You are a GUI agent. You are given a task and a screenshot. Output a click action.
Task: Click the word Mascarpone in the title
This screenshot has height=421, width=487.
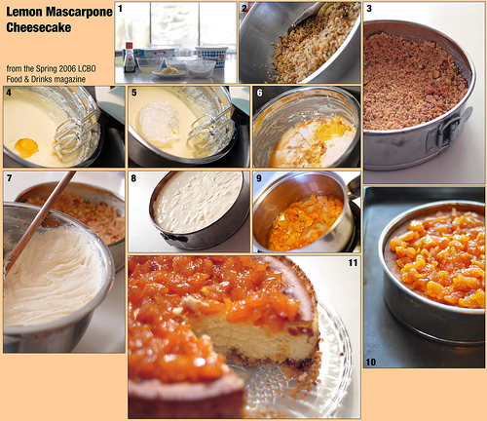point(79,12)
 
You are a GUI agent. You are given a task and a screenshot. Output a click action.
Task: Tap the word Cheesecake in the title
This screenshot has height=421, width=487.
point(39,27)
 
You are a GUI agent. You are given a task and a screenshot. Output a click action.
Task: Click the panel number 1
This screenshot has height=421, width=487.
point(120,9)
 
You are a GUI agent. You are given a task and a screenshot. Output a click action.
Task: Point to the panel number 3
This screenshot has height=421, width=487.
point(369,9)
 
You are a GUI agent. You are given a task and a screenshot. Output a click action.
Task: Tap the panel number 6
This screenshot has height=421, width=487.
point(259,93)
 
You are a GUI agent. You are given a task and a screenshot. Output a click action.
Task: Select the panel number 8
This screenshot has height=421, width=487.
point(133,178)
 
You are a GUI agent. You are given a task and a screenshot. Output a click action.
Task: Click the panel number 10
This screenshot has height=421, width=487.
point(371,362)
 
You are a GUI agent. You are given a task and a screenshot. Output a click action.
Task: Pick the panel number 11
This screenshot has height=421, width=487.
point(353,262)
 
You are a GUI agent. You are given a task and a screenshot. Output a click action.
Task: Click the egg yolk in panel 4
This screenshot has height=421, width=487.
point(26,147)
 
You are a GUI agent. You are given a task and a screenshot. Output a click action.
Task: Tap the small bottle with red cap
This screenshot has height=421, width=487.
point(130,57)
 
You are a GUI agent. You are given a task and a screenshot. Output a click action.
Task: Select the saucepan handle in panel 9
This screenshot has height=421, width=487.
point(354,186)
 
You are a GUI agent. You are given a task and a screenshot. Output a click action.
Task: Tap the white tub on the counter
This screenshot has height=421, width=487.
point(211,57)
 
